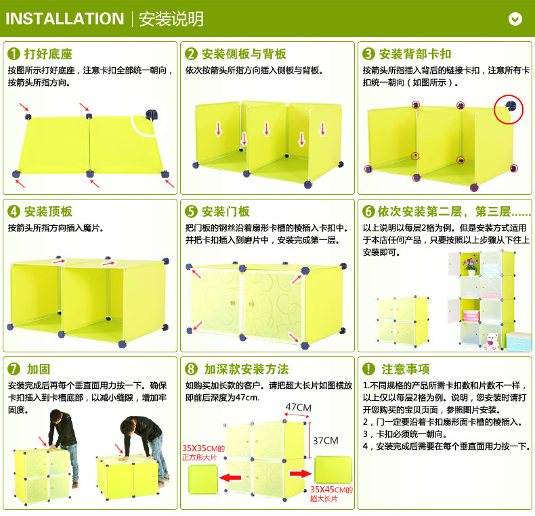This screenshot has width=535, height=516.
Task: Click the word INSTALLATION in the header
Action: [x=65, y=19]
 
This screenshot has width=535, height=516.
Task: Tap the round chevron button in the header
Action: [x=515, y=19]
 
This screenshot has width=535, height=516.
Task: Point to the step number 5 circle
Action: [x=191, y=212]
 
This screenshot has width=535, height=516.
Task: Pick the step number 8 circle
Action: [x=191, y=369]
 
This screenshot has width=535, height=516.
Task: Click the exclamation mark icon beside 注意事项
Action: [x=368, y=369]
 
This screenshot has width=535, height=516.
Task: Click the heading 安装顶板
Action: [x=48, y=212]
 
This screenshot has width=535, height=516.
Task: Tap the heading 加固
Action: [x=38, y=369]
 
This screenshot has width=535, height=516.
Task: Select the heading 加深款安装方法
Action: [x=247, y=369]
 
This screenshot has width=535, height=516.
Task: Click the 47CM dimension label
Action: [x=298, y=407]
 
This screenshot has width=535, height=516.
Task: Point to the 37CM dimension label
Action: [x=325, y=440]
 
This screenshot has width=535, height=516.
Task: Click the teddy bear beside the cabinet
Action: [x=492, y=340]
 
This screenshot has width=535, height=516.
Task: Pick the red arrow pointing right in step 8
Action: [x=296, y=473]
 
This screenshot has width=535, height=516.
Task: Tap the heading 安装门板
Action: [x=226, y=212]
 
